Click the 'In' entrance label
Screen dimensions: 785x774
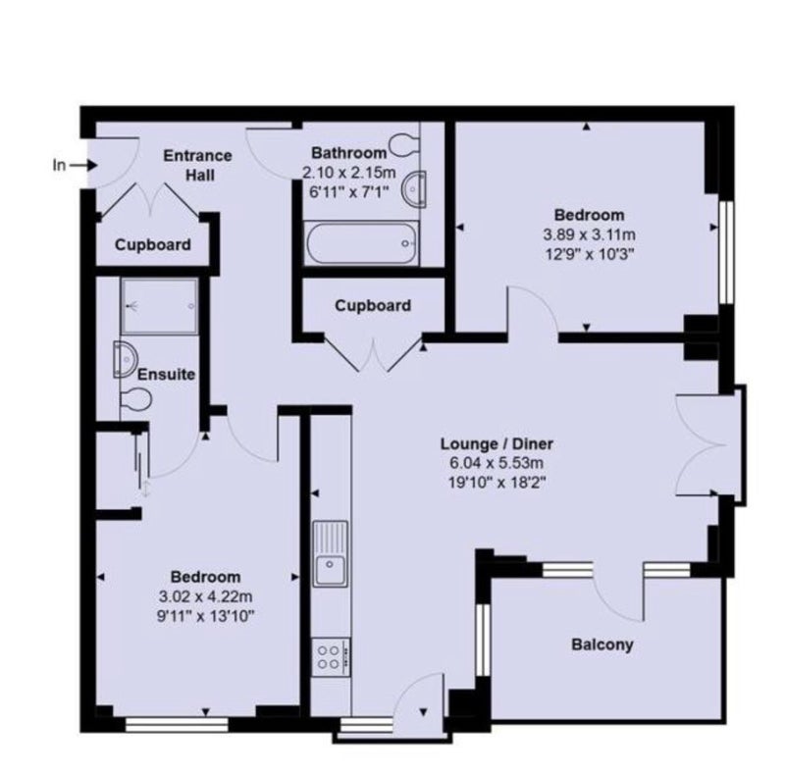pyautogui.click(x=59, y=165)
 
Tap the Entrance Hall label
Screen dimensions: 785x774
pyautogui.click(x=198, y=165)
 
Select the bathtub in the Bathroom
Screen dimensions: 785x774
pyautogui.click(x=361, y=243)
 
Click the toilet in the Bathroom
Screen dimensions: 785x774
pyautogui.click(x=404, y=144)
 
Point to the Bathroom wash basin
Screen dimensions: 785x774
pyautogui.click(x=415, y=188)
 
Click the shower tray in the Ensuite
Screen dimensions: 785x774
pyautogui.click(x=159, y=306)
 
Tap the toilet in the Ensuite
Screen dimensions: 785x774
pyautogui.click(x=135, y=399)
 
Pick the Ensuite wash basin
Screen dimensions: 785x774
pyautogui.click(x=126, y=359)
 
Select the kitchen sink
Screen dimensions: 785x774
pyautogui.click(x=330, y=553)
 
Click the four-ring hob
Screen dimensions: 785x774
pyautogui.click(x=331, y=657)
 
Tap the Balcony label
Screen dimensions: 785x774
pyautogui.click(x=602, y=644)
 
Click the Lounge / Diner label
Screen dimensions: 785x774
pyautogui.click(x=497, y=443)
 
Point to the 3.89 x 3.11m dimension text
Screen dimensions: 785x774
pyautogui.click(x=590, y=234)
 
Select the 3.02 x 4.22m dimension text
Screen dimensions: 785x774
pyautogui.click(x=205, y=596)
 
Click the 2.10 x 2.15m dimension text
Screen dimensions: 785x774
pyautogui.click(x=349, y=173)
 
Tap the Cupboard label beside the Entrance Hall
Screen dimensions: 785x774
pyautogui.click(x=153, y=245)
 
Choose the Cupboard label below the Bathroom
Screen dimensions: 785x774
pyautogui.click(x=373, y=305)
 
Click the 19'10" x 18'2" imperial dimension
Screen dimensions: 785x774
pyautogui.click(x=497, y=483)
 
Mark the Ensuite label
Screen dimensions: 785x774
pyautogui.click(x=166, y=374)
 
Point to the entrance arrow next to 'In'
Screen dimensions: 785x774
pyautogui.click(x=83, y=165)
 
